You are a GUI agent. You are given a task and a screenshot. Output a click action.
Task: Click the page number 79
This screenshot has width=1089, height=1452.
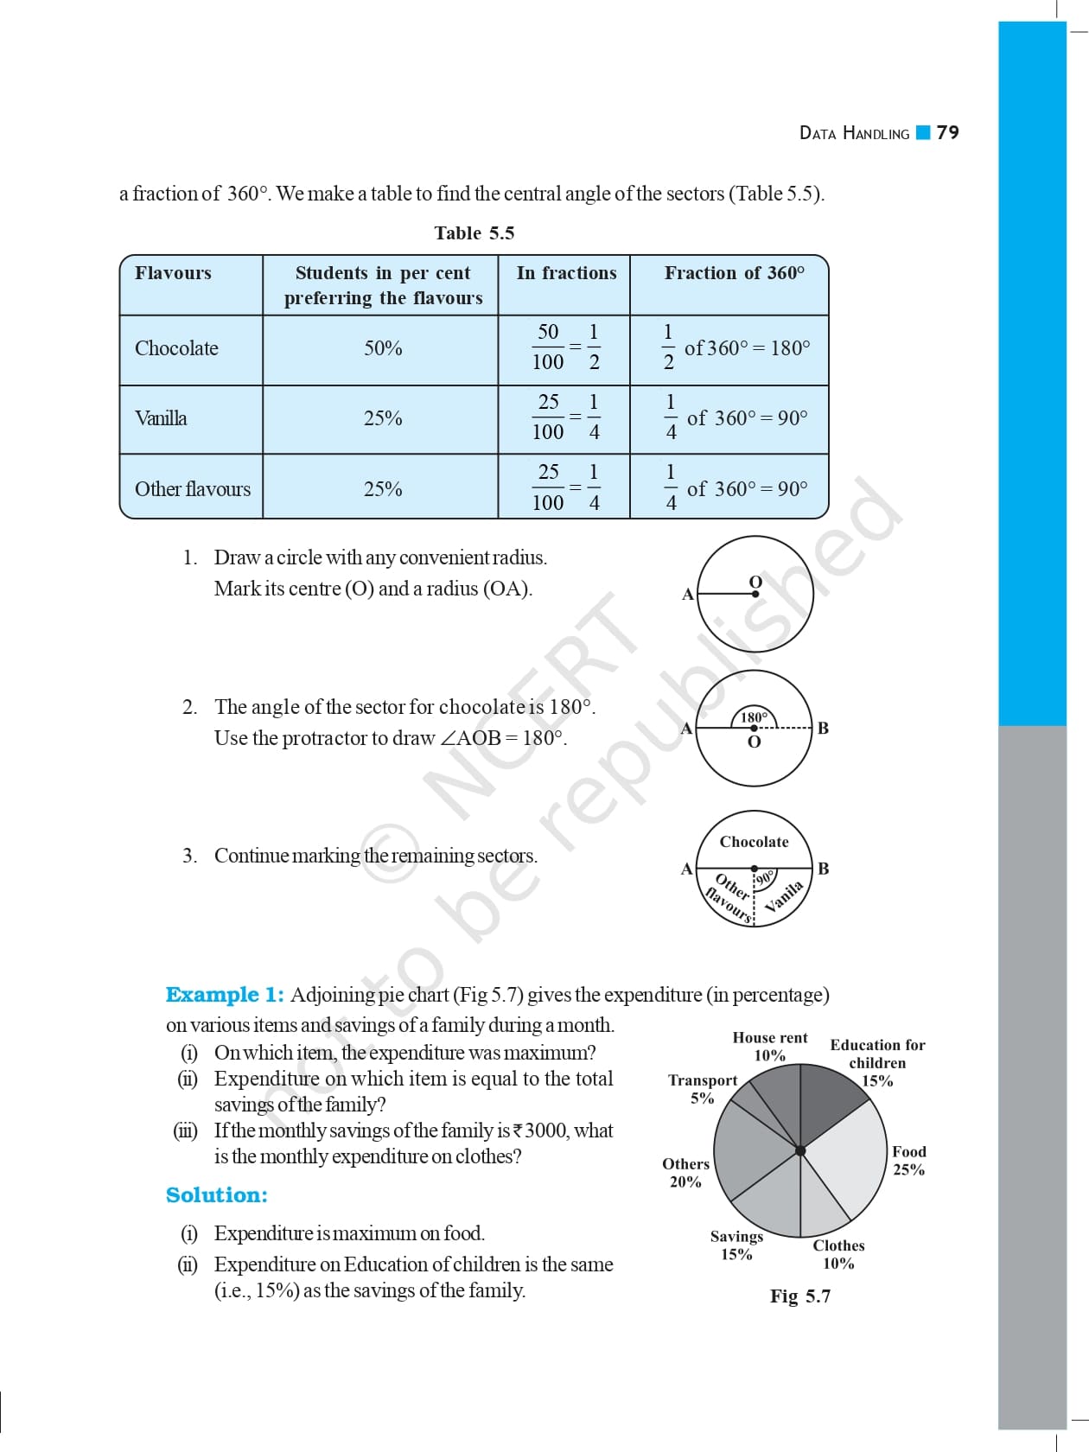tap(948, 132)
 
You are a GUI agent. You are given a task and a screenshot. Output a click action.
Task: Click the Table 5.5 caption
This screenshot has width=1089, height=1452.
tap(474, 233)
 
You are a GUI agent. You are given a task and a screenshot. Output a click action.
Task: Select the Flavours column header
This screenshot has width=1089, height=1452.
tap(173, 273)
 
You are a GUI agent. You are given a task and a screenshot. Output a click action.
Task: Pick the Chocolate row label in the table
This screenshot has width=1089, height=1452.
tap(176, 348)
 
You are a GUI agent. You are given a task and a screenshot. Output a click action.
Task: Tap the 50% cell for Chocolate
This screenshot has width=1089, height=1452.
tap(382, 348)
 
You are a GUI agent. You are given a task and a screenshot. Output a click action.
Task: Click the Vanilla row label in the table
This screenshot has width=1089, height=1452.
tap(161, 418)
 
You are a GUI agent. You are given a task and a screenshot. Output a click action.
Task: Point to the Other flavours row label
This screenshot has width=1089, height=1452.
tap(192, 489)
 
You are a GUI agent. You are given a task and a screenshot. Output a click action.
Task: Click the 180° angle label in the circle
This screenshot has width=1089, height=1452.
tap(754, 716)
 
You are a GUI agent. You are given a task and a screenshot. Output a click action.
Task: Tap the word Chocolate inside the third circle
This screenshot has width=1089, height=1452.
tap(754, 842)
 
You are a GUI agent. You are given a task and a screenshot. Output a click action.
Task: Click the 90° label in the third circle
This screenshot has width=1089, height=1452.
tap(766, 879)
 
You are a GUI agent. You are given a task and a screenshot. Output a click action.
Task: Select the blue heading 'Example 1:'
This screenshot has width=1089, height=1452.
tap(225, 995)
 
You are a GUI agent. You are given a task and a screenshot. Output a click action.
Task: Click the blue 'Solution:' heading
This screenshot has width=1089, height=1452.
tap(216, 1195)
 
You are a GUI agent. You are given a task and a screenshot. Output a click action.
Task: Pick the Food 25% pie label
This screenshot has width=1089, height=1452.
tap(908, 1161)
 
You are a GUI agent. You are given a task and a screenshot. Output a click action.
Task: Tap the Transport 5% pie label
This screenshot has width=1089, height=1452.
tap(702, 1089)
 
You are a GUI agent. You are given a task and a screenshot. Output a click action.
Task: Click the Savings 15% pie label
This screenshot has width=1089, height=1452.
tap(736, 1245)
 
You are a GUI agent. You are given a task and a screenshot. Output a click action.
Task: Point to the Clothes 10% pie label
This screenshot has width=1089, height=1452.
tap(838, 1254)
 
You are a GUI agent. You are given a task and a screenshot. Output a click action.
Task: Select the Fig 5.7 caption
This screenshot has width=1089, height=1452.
tap(799, 1296)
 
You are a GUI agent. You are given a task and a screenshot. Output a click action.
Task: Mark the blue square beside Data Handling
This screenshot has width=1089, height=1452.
tap(923, 132)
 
